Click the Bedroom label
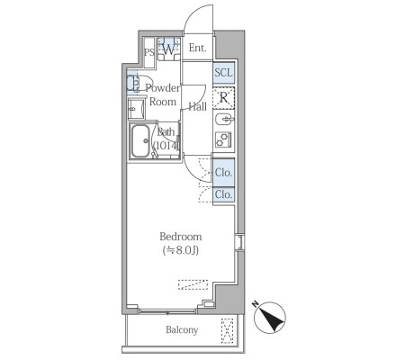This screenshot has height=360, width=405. click(180, 237)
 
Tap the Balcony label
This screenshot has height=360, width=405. click(182, 329)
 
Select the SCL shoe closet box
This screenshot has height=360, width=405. click(224, 73)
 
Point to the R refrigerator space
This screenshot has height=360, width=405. click(224, 98)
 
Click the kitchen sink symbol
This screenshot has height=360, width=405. click(224, 120)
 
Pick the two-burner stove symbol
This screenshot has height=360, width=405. click(223, 139)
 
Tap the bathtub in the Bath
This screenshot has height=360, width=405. click(140, 141)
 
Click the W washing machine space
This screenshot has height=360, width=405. click(169, 49)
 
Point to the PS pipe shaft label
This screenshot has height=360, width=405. click(149, 52)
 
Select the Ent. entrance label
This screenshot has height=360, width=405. click(198, 48)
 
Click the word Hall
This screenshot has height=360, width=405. click(198, 106)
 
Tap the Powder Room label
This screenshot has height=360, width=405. click(163, 94)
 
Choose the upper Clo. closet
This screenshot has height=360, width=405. click(224, 173)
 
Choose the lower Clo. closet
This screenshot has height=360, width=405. click(224, 194)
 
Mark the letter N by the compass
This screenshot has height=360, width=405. click(256, 304)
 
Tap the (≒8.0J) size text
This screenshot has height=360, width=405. click(180, 250)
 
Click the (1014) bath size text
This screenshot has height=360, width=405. click(166, 146)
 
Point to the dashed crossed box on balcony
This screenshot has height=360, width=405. click(227, 330)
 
